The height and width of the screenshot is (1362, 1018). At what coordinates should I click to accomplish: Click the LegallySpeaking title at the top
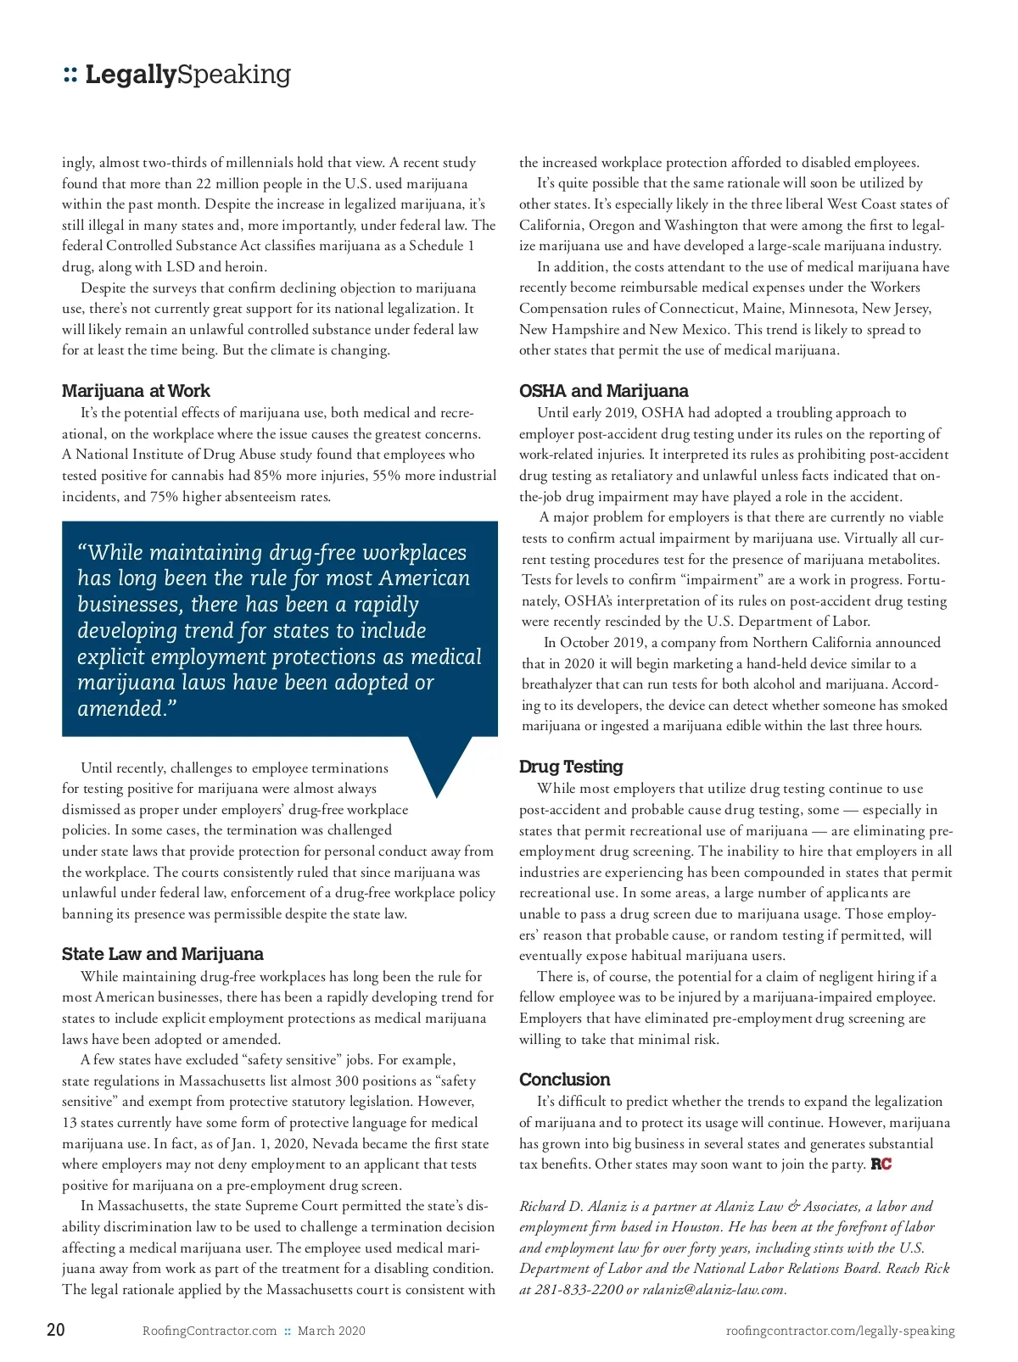[x=187, y=75]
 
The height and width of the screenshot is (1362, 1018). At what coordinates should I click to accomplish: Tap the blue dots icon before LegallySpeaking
[x=70, y=75]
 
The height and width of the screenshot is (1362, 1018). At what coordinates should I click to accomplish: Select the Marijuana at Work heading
[x=136, y=391]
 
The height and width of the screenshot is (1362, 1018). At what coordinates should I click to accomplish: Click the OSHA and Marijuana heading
[x=603, y=391]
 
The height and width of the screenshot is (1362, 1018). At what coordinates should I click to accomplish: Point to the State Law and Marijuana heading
[x=162, y=954]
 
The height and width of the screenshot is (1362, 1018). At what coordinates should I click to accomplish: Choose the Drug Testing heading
[x=571, y=767]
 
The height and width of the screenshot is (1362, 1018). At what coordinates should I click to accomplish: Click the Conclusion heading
[x=564, y=1080]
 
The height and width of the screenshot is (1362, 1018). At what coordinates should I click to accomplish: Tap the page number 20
[x=55, y=1330]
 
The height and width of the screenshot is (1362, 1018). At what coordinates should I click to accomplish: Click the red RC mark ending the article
[x=881, y=1164]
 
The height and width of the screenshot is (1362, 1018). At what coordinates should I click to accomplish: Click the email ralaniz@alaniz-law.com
[x=713, y=1290]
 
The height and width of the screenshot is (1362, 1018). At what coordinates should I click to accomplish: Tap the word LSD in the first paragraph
[x=180, y=266]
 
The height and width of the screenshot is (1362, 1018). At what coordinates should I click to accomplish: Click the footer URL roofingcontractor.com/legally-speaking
[x=840, y=1331]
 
